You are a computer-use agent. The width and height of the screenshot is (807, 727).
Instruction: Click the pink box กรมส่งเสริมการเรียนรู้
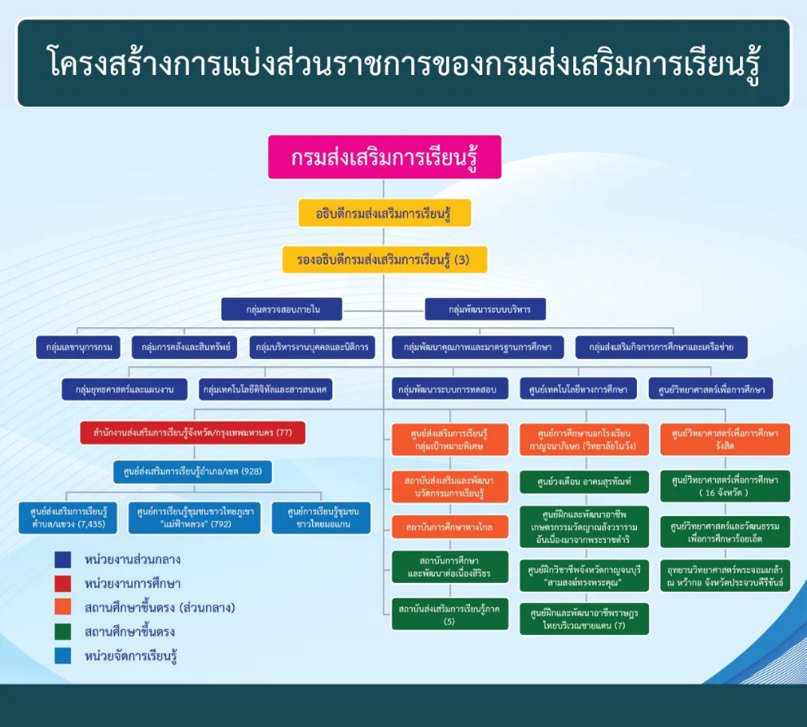384,157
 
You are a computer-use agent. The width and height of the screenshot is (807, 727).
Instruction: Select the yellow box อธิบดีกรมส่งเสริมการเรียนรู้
384,213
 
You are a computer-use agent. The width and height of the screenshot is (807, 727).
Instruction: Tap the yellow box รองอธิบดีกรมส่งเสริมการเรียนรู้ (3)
384,260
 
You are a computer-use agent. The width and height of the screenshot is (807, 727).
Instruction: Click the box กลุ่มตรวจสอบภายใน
282,309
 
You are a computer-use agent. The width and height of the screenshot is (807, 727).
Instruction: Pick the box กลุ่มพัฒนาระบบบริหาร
485,309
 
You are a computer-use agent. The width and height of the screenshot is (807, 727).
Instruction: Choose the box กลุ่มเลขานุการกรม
78,348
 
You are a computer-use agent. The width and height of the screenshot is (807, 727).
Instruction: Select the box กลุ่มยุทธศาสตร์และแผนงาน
125,389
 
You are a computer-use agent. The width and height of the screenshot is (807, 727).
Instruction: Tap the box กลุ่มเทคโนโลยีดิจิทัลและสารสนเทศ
265,389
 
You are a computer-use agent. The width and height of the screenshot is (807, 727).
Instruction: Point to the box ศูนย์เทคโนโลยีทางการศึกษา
578,389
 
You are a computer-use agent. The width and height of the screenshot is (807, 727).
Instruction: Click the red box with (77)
192,431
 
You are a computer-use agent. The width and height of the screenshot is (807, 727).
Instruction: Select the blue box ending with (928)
192,471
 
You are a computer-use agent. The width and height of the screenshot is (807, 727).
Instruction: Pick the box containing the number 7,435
69,518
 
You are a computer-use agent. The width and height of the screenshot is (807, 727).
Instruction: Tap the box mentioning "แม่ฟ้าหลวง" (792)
195,518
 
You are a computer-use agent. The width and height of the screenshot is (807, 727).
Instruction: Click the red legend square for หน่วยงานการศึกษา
63,584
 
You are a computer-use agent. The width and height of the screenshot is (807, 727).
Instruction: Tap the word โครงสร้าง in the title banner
99,64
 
